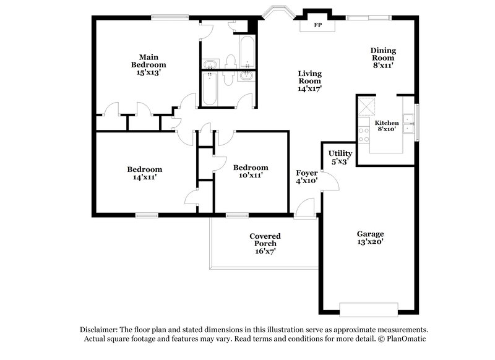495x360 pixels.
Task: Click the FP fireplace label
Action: [318, 25]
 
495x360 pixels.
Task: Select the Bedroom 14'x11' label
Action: [145, 173]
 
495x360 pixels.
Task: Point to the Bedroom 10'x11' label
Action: [251, 171]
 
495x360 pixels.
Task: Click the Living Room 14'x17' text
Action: [310, 81]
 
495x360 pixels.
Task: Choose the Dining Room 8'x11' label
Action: [383, 58]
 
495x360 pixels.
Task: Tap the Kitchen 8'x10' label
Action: [387, 126]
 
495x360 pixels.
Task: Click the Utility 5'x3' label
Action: [340, 157]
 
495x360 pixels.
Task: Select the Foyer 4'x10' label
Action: [307, 177]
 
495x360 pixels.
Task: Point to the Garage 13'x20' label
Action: [370, 238]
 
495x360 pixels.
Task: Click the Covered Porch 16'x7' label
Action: [265, 244]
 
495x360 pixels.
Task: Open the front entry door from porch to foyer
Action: [304, 210]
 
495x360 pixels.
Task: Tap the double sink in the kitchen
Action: [408, 124]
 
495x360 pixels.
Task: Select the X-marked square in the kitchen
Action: [369, 106]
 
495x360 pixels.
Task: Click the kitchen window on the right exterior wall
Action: [416, 122]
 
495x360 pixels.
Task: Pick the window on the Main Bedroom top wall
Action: [170, 17]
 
